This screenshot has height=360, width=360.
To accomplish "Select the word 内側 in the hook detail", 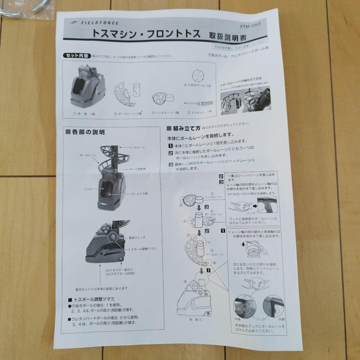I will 281,319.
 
